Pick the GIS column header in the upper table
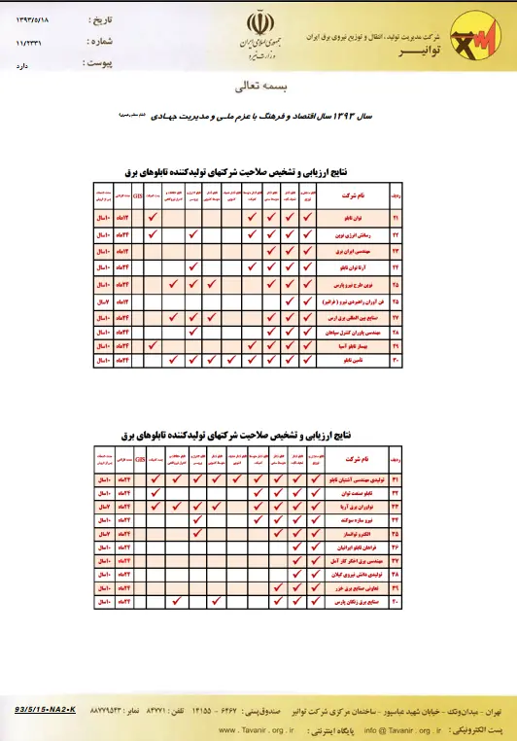pyautogui.click(x=138, y=194)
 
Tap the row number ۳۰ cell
pyautogui.click(x=396, y=360)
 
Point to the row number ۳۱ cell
pyautogui.click(x=396, y=479)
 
